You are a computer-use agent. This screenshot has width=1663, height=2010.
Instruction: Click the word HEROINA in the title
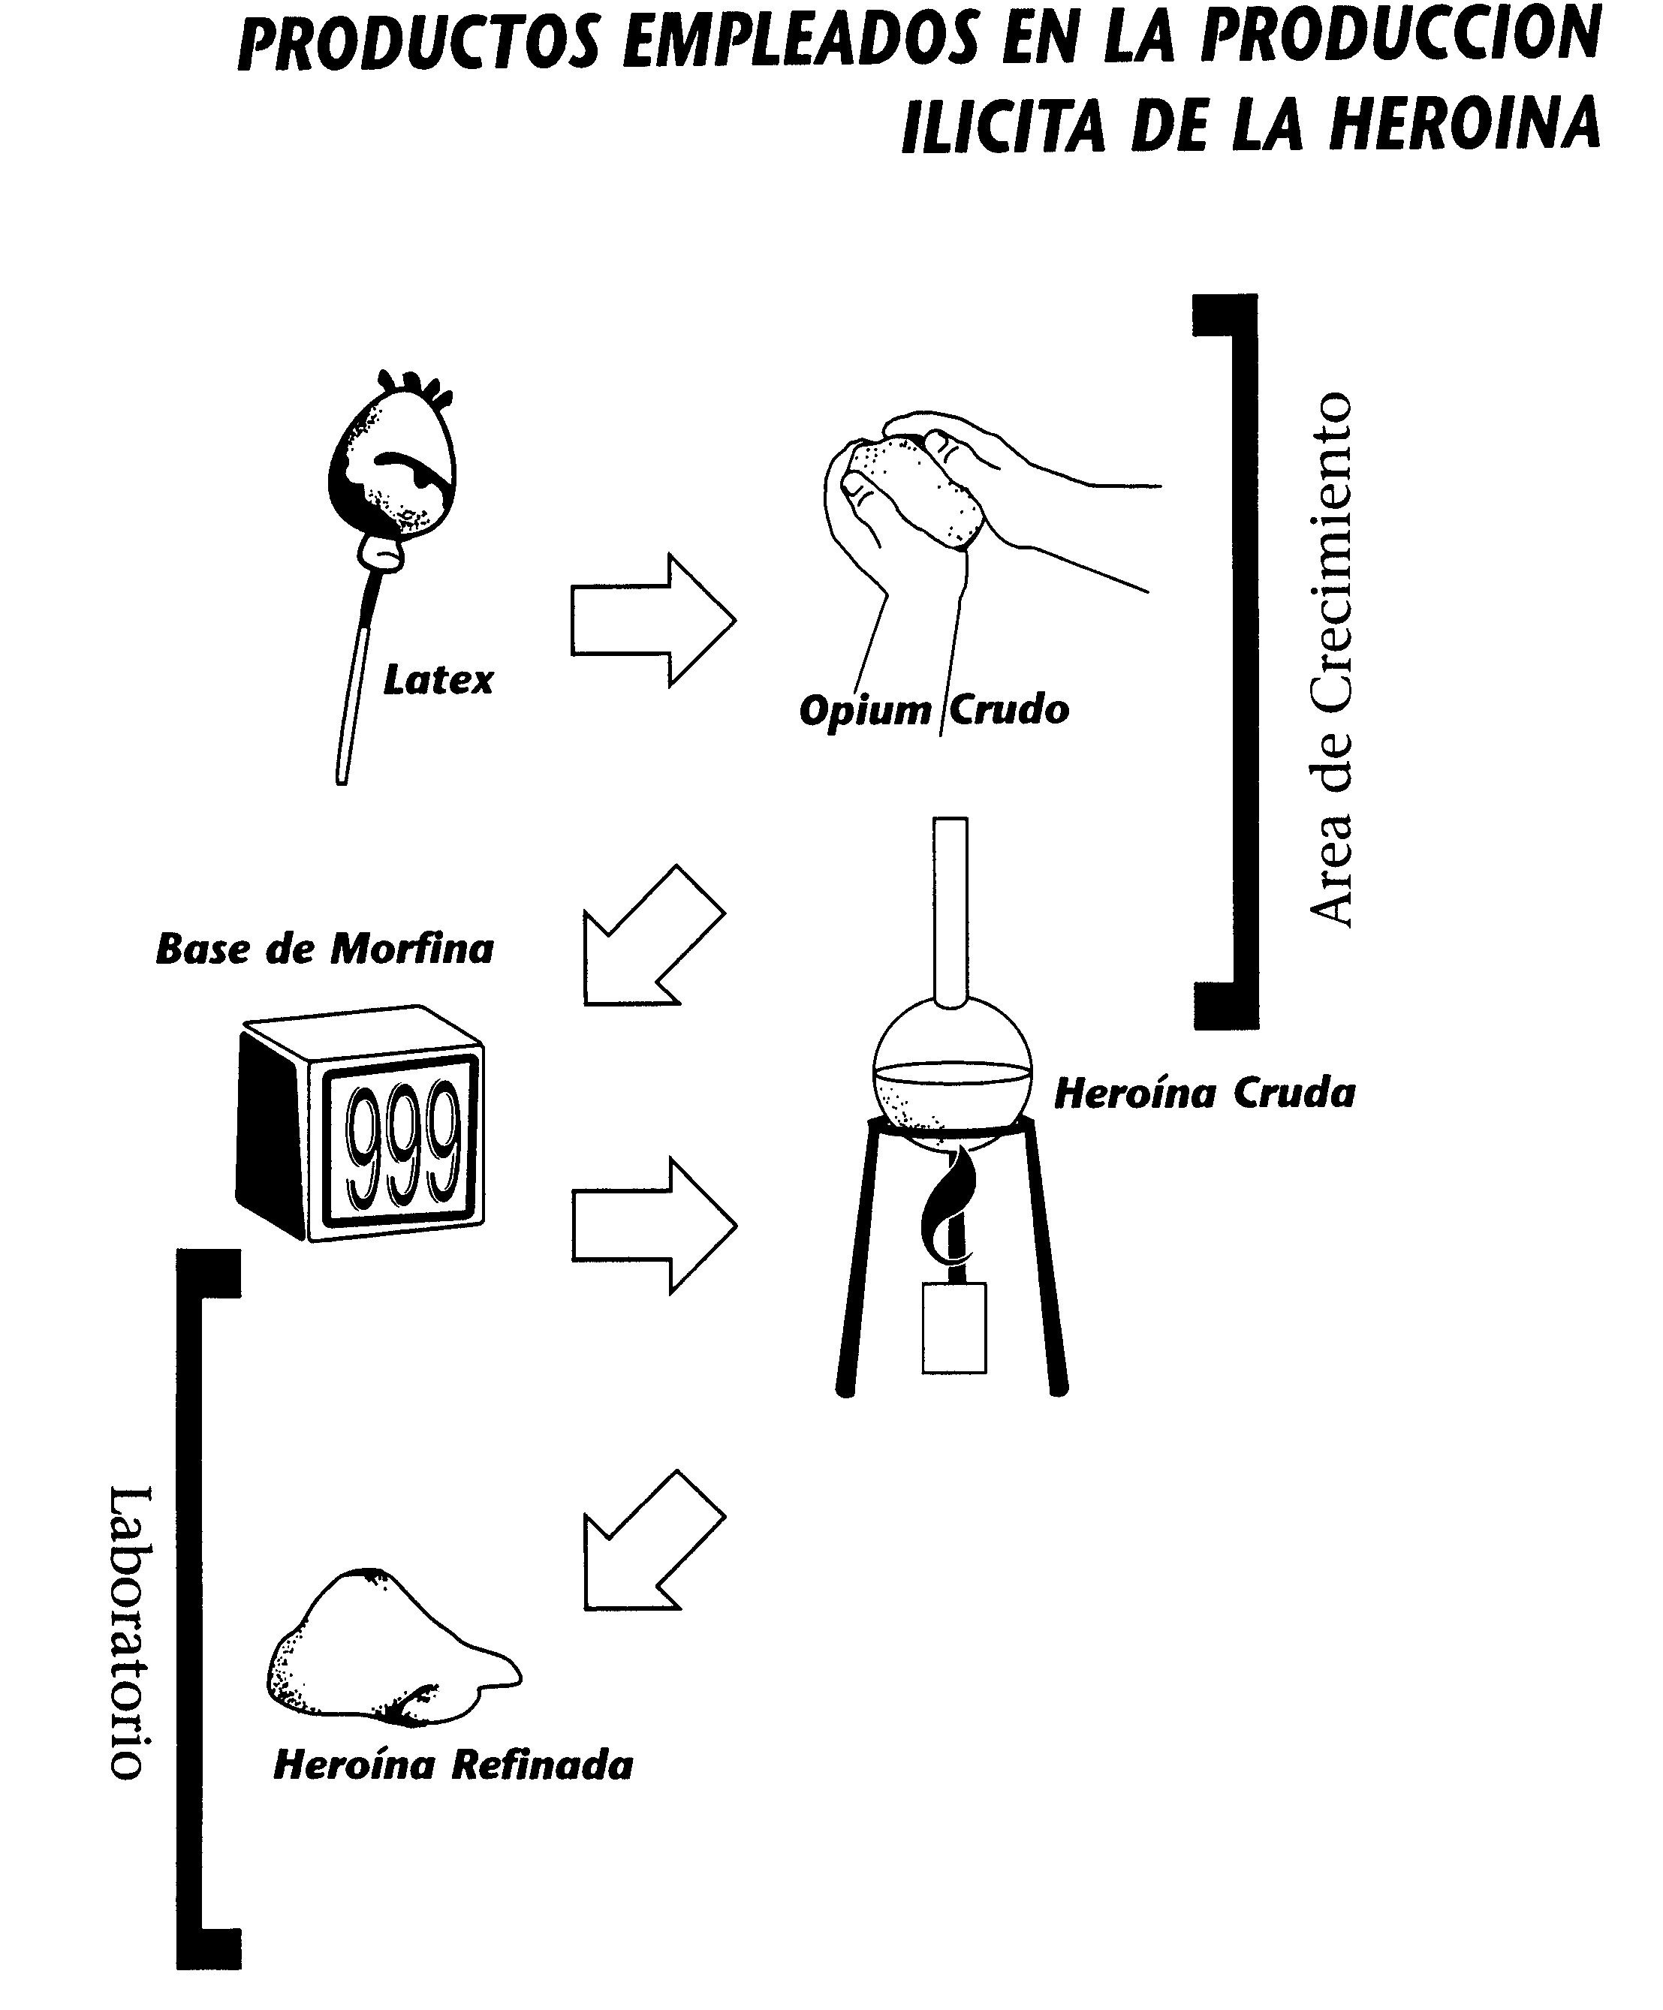pyautogui.click(x=1464, y=125)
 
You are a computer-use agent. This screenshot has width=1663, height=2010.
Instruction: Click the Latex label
pyautogui.click(x=438, y=681)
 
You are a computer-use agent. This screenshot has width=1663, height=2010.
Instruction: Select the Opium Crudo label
pyautogui.click(x=933, y=710)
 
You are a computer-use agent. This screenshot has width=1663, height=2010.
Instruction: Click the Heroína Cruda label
pyautogui.click(x=1204, y=1093)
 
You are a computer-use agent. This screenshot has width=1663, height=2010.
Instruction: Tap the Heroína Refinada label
pyautogui.click(x=453, y=1765)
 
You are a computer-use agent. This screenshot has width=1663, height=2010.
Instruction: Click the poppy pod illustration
pyautogui.click(x=393, y=469)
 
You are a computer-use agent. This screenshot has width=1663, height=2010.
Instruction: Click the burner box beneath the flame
pyautogui.click(x=954, y=1328)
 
